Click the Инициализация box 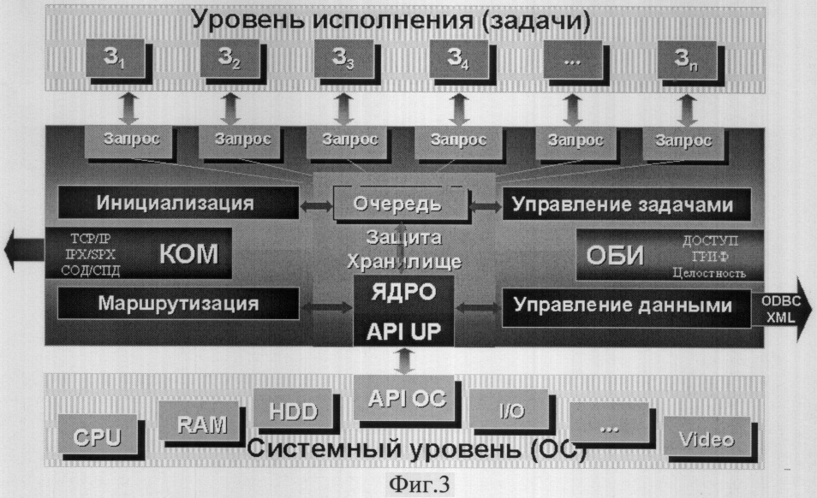pos(177,204)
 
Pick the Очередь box pos(400,205)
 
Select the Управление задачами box pos(626,204)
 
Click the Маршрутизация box pos(177,303)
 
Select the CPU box pos(96,436)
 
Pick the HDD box pos(292,410)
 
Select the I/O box pos(510,412)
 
